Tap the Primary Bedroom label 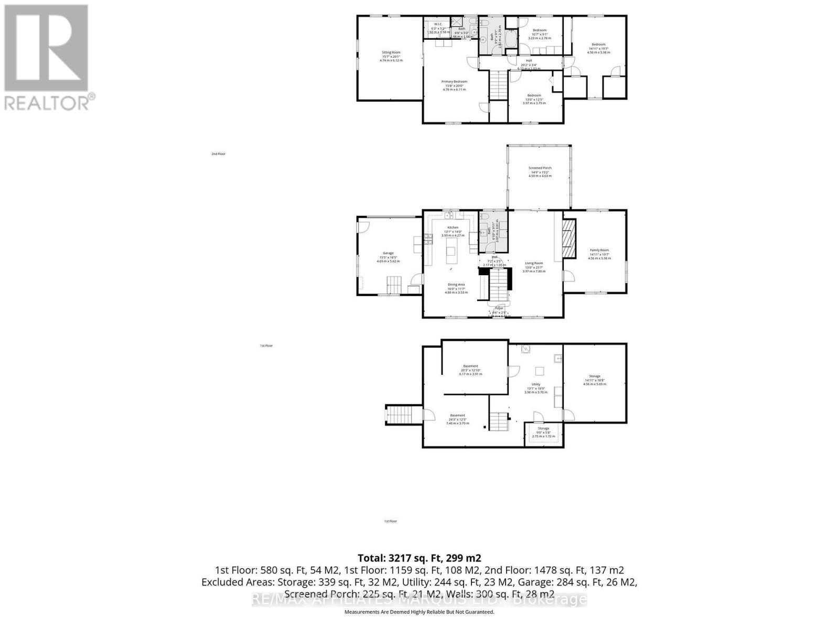coord(454,82)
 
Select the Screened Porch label coord(540,168)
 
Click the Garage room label coord(388,253)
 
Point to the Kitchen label coord(453,227)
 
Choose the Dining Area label coord(456,285)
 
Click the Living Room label coord(534,263)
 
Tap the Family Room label coord(599,251)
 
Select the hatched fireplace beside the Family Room coord(569,239)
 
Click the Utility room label coord(535,384)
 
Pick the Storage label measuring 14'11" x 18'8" coord(594,376)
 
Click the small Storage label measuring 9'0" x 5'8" coord(543,429)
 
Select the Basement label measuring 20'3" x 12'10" coord(470,366)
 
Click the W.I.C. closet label coord(438,25)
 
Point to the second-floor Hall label coord(529,61)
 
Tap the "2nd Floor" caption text coord(218,154)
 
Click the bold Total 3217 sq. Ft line coord(419,558)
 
